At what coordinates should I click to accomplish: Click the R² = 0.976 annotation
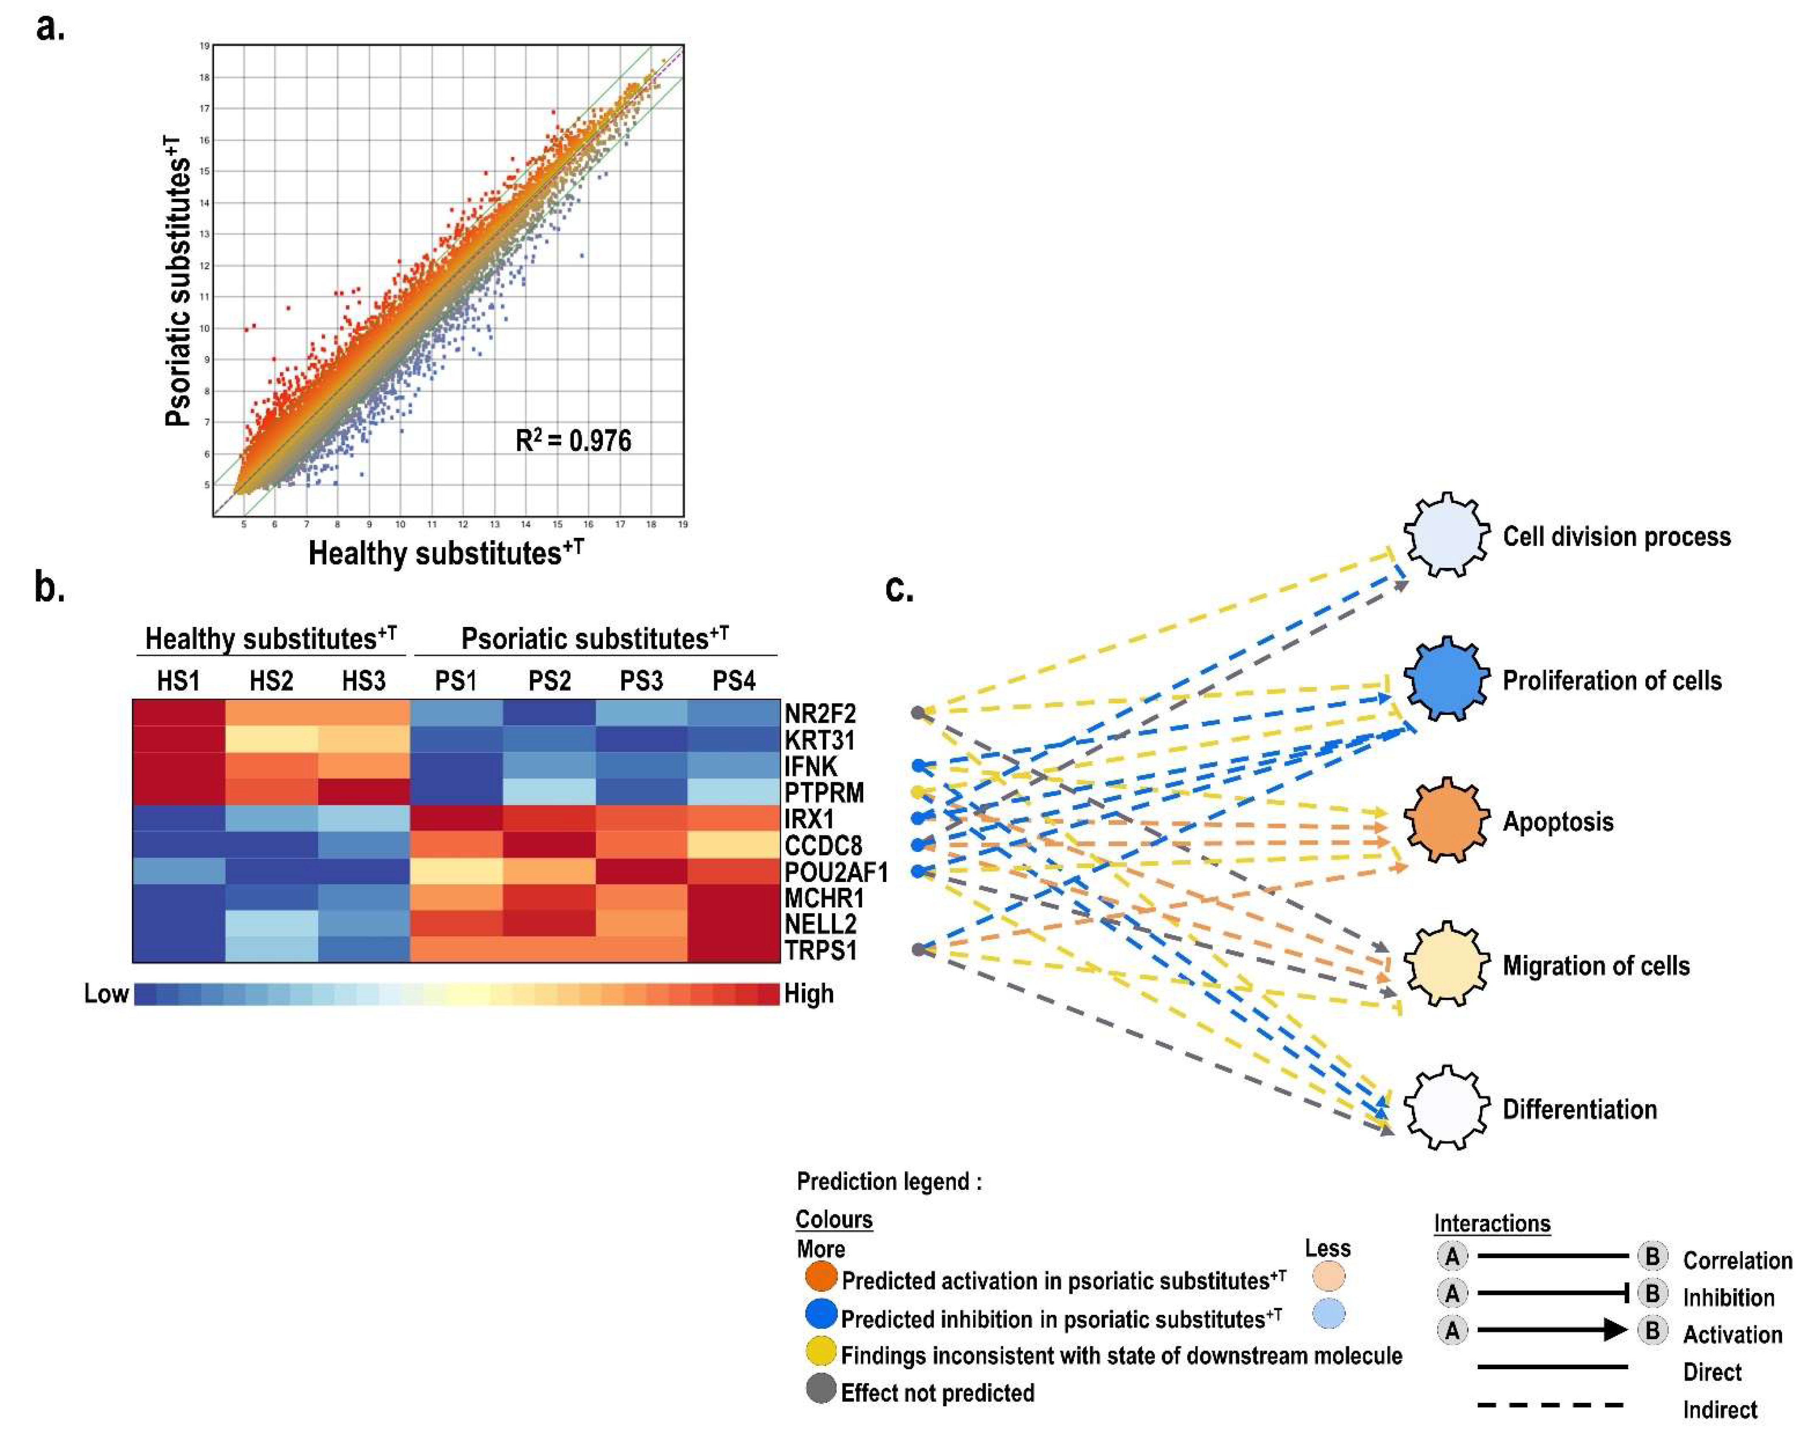click(x=574, y=441)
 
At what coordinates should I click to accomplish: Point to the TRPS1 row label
click(x=820, y=951)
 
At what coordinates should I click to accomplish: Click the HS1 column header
click(x=178, y=681)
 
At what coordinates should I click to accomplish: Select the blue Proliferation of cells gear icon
click(x=1447, y=679)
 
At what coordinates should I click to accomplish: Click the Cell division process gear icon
click(x=1447, y=535)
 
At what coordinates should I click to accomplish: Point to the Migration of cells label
click(x=1596, y=966)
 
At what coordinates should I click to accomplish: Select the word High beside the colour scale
click(x=809, y=994)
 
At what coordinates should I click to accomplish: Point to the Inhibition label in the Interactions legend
click(x=1728, y=1298)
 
